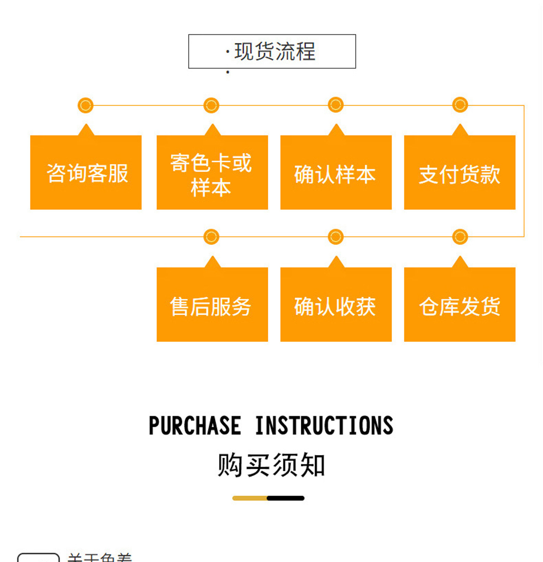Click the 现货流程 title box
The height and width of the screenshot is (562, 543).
(272, 51)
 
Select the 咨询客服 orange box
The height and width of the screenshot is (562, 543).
(86, 173)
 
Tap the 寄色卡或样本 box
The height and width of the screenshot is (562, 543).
(212, 173)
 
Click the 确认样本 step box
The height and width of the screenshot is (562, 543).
(336, 173)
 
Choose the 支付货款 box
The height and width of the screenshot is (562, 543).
(459, 173)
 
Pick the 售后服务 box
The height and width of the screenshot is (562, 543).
(212, 305)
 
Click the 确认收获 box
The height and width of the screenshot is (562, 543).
(336, 305)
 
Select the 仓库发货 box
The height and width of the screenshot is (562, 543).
(459, 305)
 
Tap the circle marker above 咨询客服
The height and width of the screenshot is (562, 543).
(85, 105)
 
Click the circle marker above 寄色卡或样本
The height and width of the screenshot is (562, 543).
(211, 105)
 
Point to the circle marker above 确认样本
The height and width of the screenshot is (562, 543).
(336, 105)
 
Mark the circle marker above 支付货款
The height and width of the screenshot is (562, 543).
(460, 105)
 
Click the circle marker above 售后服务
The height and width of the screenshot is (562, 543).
(211, 237)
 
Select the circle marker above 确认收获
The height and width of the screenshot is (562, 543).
(336, 237)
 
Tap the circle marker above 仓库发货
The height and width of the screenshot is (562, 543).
(460, 237)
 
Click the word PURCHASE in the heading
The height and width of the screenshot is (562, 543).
(195, 426)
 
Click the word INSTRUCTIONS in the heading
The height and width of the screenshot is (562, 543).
(324, 426)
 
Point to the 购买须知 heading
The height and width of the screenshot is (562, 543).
(271, 465)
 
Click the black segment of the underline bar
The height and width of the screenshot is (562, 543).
(285, 498)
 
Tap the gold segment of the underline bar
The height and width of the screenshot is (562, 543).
(249, 498)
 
